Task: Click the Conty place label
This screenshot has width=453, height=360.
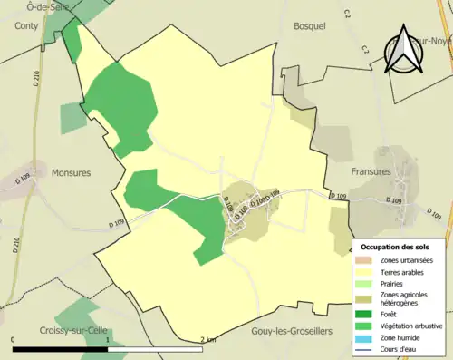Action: [x=26, y=26]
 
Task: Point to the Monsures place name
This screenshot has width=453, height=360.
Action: [x=72, y=172]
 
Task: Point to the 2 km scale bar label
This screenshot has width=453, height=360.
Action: [x=208, y=340]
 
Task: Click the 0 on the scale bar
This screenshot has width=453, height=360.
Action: [x=14, y=340]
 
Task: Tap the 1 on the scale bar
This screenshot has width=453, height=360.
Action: [x=108, y=340]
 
